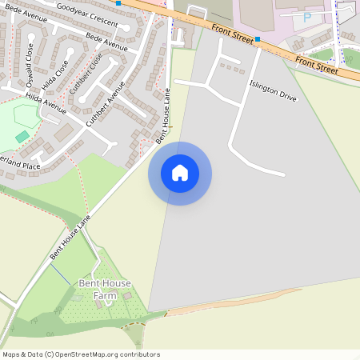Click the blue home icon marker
coord(180,173)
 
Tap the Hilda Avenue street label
coord(46,101)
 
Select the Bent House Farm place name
coord(104,290)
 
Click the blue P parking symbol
coord(307,16)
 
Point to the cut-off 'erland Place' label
coord(20,165)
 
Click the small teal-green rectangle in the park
coord(22,137)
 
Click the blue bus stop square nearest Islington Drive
coord(258,38)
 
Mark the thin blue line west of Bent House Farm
coord(61,277)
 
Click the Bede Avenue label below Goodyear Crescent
coord(106,42)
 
